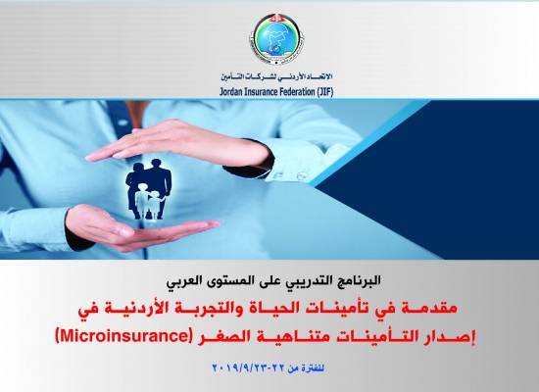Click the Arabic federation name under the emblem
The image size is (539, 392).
pos(269,72)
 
